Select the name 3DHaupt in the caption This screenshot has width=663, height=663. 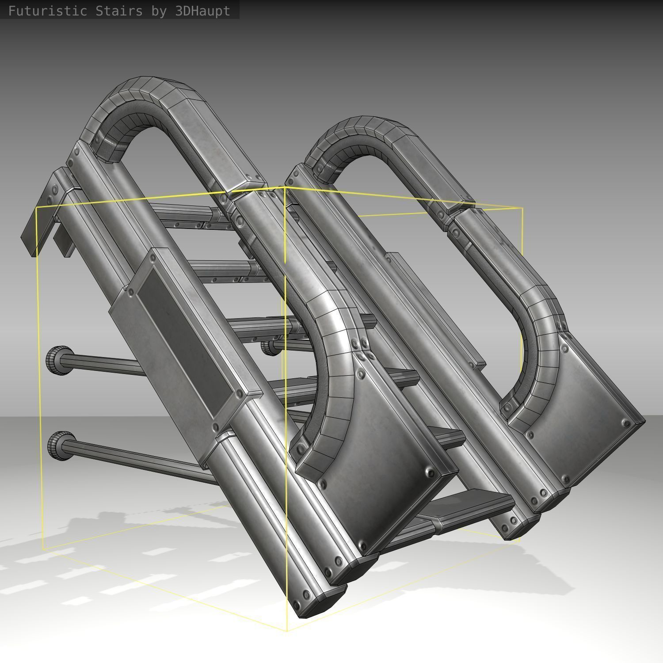tap(202, 11)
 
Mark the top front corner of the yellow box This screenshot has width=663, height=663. tap(284, 188)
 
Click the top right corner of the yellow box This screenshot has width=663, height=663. tap(522, 208)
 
